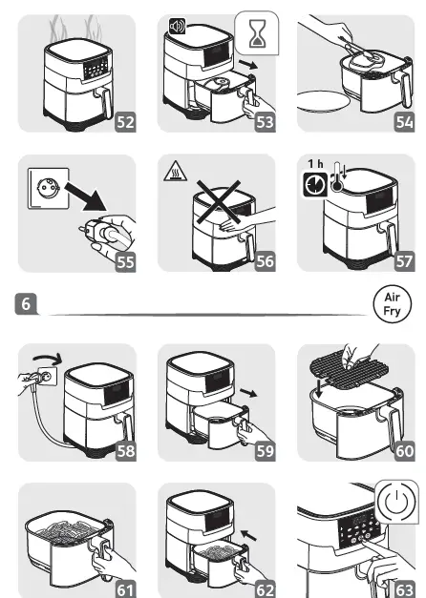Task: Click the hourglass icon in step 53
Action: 257,33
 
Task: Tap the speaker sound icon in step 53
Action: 177,27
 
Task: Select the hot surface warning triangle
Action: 175,171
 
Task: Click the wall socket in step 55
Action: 48,189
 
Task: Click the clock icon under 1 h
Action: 315,185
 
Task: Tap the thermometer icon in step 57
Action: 337,176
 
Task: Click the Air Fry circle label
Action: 392,304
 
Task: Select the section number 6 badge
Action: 26,303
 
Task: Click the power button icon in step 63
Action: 397,502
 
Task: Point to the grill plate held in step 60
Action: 349,367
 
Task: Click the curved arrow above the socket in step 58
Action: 48,358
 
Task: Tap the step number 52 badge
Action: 125,122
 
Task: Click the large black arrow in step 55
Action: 86,196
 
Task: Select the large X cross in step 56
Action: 218,202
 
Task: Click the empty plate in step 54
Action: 323,101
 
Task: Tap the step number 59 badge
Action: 265,451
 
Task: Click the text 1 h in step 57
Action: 315,164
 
